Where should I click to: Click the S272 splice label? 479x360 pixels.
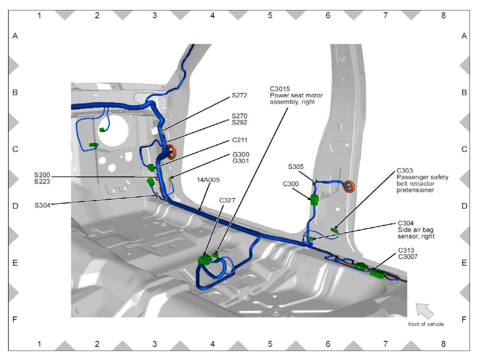(x=240, y=96)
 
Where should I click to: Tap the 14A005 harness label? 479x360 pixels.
(x=208, y=180)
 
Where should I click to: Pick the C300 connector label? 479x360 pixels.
(x=291, y=184)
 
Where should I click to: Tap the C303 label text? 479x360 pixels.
(x=405, y=171)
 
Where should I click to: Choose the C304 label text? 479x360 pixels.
(x=406, y=223)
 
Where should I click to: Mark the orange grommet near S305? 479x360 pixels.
(x=350, y=186)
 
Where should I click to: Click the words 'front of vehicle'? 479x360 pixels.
(x=425, y=324)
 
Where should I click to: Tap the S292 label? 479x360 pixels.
(x=240, y=123)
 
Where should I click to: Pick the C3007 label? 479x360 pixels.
(x=408, y=257)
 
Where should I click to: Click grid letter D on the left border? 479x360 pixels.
(x=15, y=206)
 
